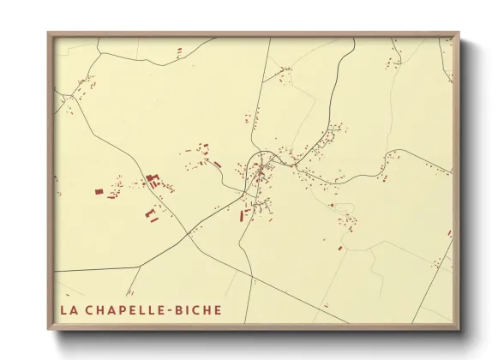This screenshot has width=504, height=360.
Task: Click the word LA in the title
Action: click(x=67, y=309)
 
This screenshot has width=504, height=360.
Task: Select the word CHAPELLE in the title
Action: click(x=123, y=309)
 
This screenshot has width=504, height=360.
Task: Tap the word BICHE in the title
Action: click(x=197, y=309)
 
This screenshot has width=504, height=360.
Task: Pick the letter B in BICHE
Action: click(x=178, y=309)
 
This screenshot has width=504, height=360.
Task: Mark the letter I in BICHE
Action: click(x=188, y=309)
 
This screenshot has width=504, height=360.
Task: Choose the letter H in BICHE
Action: click(x=207, y=309)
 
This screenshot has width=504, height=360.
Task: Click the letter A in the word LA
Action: click(x=72, y=309)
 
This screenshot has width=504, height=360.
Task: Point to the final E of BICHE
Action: click(x=217, y=309)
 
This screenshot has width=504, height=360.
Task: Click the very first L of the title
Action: click(x=62, y=309)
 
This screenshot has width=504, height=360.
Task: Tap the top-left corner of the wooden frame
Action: click(x=48, y=33)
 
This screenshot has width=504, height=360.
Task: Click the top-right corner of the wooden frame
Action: click(x=459, y=33)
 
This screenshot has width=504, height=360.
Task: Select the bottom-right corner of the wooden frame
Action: click(x=459, y=329)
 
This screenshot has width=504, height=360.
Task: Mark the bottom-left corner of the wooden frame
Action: click(x=48, y=329)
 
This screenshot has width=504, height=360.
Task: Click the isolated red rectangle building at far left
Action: click(x=99, y=191)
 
